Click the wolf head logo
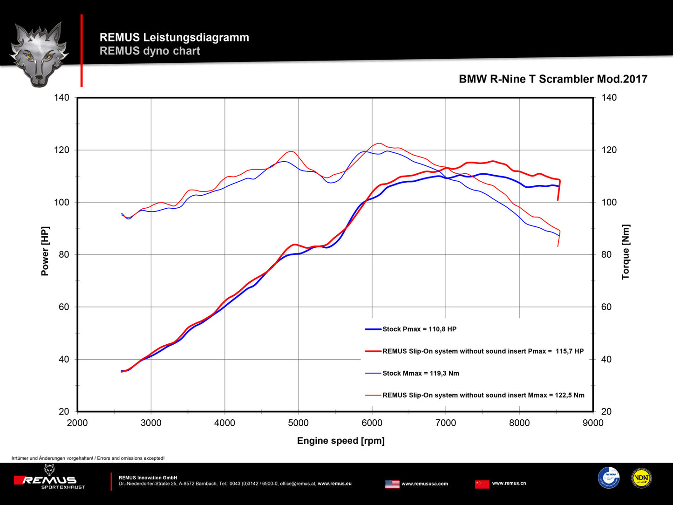tap(39, 54)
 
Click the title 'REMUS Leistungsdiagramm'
tap(174, 37)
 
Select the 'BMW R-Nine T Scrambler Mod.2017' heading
tap(553, 79)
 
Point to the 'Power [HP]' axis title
tap(45, 251)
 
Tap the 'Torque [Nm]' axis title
tap(625, 252)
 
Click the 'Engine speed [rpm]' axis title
tap(340, 441)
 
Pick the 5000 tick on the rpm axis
tap(298, 423)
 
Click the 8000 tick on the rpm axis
tap(519, 423)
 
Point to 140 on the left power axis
tap(61, 97)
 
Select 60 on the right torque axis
tap(606, 307)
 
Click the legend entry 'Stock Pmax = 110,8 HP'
tap(419, 329)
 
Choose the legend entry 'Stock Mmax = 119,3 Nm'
tap(421, 373)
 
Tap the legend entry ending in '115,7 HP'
tap(483, 351)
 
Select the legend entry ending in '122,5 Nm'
tap(483, 395)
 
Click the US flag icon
tap(392, 484)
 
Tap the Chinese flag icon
tap(482, 484)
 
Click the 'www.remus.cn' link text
tap(509, 483)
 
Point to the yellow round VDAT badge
tap(641, 478)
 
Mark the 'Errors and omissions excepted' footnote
tap(88, 458)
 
